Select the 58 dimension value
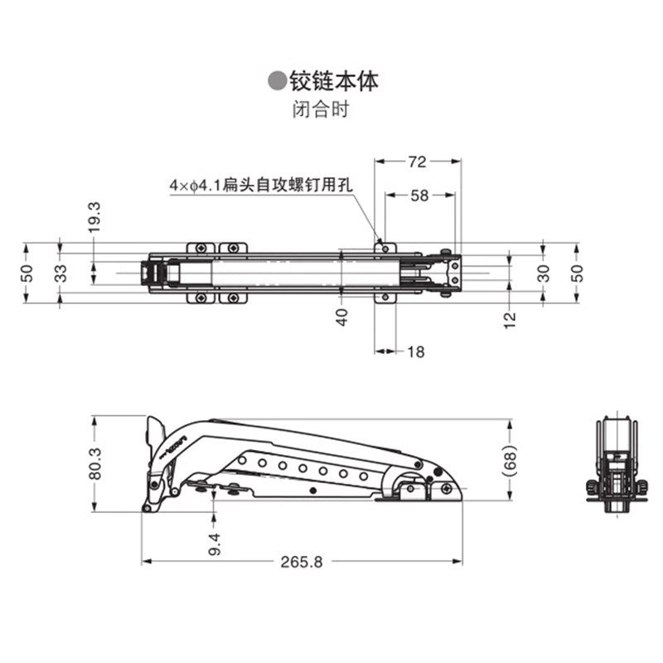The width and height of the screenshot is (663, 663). pos(419,196)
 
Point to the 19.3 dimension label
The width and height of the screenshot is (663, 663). pos(94,217)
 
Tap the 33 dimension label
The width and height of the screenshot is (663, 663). pos(61,273)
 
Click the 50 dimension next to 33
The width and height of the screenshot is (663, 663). pos(27,273)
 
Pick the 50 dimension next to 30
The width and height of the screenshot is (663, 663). pos(578,273)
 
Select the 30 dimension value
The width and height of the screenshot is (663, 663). pos(544,273)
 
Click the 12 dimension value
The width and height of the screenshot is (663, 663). pos(510,317)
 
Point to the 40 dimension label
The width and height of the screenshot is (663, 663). pos(341,317)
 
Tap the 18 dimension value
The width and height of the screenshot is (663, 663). pos(415,352)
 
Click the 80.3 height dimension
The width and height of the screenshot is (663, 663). pos(95,463)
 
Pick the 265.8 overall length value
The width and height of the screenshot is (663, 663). pos(301,561)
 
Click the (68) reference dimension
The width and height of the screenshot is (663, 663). pos(510,461)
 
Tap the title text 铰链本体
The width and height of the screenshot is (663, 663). pos(332,81)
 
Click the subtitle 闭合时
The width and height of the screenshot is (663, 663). pos(320,109)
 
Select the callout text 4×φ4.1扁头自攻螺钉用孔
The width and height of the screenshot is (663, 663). pos(260,186)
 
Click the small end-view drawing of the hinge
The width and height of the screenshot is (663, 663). pos(616,464)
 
